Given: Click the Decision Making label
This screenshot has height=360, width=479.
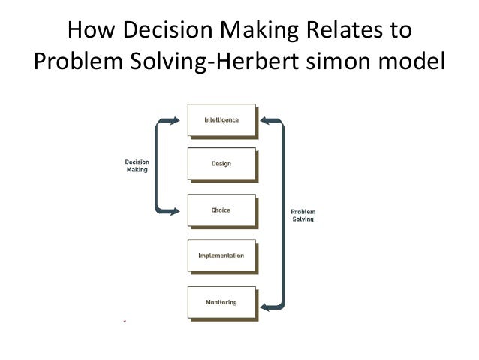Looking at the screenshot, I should point(137,165).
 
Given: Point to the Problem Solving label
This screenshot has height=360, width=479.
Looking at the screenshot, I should point(303,215).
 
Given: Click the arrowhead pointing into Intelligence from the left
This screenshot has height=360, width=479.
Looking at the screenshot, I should point(176,120).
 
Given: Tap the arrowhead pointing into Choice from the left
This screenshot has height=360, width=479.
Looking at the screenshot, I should point(176,212).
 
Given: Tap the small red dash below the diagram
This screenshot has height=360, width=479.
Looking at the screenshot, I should point(125,321).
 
